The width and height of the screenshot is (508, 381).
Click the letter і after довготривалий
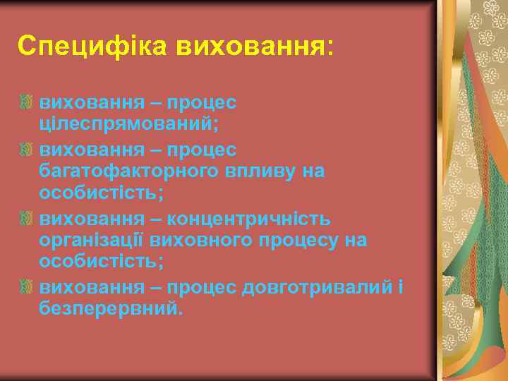point(400,287)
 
